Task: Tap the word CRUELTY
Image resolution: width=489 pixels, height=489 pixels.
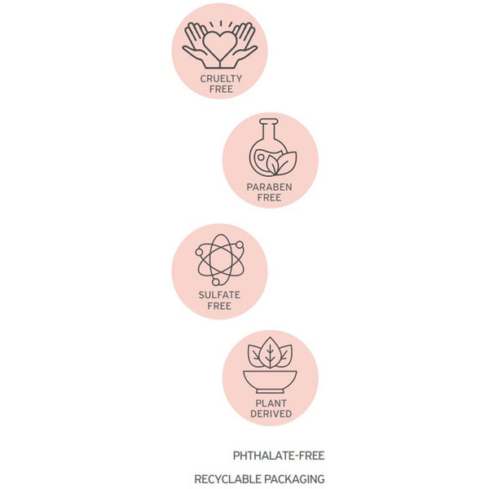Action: click(x=221, y=78)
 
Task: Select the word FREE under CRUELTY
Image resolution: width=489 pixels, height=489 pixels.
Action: click(x=221, y=89)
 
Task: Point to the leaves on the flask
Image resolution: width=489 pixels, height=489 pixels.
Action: click(x=282, y=164)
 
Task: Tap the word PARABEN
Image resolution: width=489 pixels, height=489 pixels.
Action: click(x=269, y=187)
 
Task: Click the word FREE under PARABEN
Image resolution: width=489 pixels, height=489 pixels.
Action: click(x=269, y=198)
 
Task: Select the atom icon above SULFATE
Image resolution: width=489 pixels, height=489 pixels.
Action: click(x=220, y=260)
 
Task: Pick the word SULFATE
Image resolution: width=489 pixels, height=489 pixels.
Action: click(x=219, y=295)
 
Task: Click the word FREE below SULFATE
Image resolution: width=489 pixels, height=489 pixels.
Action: click(x=219, y=306)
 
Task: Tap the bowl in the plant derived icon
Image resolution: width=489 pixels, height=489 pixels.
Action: click(x=270, y=381)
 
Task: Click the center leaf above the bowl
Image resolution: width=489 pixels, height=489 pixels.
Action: click(x=270, y=353)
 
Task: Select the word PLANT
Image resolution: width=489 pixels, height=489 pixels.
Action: click(x=271, y=403)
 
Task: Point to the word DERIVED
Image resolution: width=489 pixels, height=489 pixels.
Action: click(x=271, y=414)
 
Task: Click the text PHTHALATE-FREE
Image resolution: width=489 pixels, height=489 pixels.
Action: click(x=279, y=456)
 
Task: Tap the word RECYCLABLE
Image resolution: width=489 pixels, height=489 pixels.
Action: click(x=227, y=479)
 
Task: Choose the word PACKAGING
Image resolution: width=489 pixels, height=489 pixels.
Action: click(x=294, y=479)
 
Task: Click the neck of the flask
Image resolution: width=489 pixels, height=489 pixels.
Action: click(x=268, y=131)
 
